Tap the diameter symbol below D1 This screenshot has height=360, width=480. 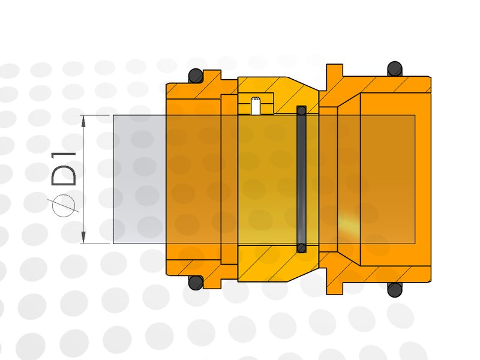(64, 205)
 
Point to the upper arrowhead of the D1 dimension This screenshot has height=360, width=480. (83, 122)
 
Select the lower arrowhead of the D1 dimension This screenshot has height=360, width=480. (83, 238)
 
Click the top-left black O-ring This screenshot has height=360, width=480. (196, 76)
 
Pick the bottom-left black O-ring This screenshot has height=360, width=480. (196, 283)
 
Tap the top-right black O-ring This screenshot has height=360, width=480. (395, 69)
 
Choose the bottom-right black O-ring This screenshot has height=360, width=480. (395, 290)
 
